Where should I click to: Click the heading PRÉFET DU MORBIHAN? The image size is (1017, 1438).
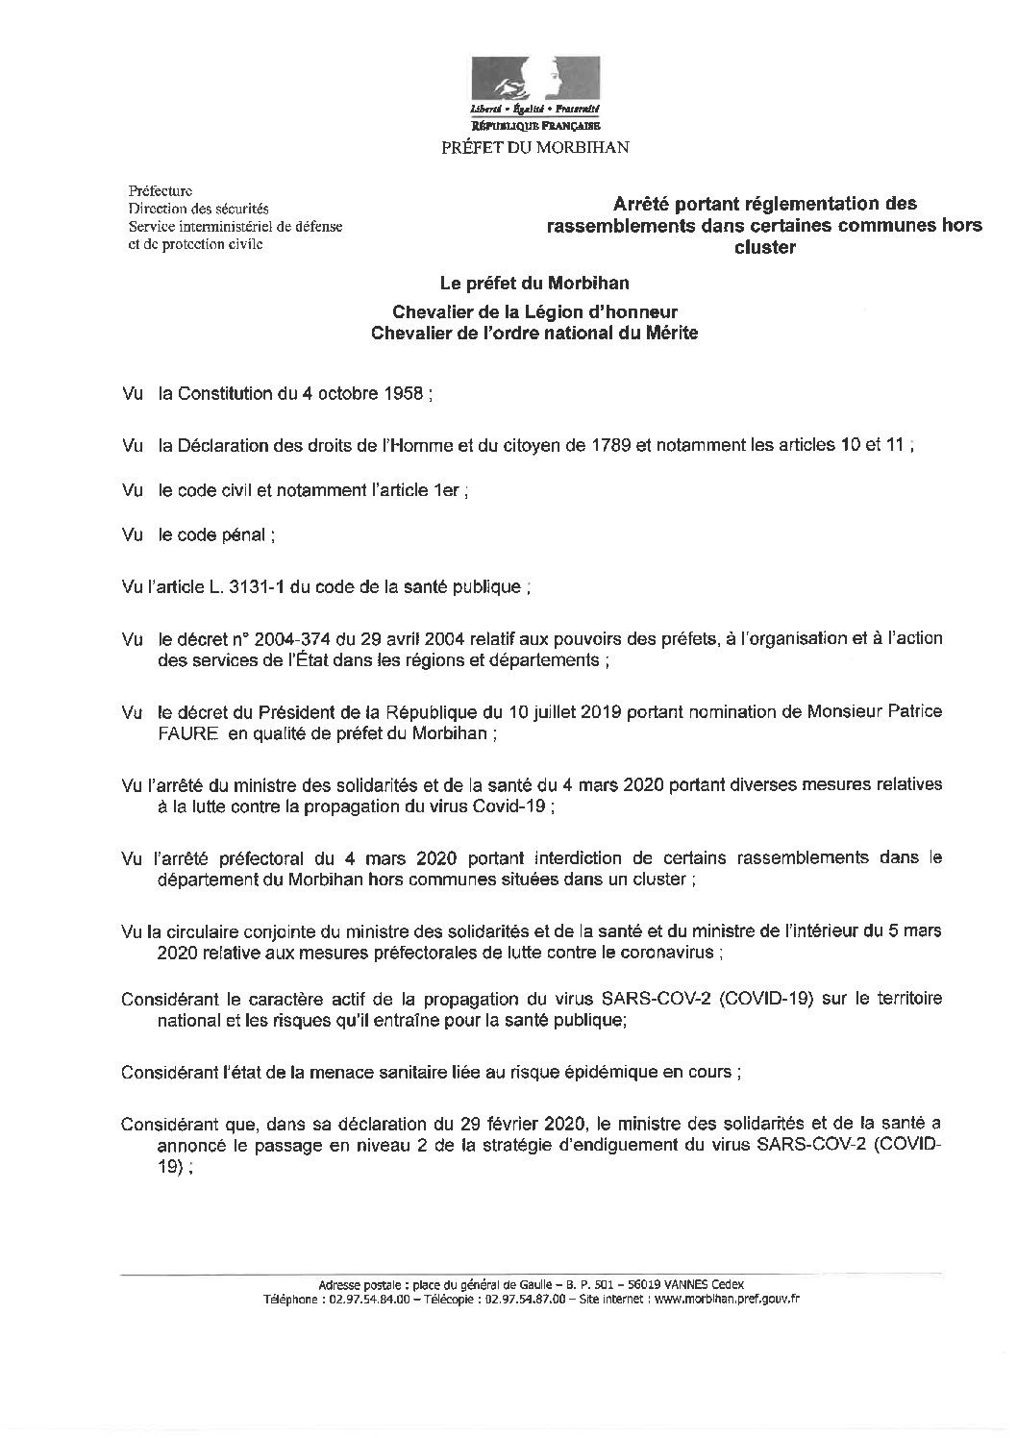(x=533, y=147)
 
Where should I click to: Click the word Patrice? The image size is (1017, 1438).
(x=908, y=711)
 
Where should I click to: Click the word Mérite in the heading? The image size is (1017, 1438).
(x=672, y=333)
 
